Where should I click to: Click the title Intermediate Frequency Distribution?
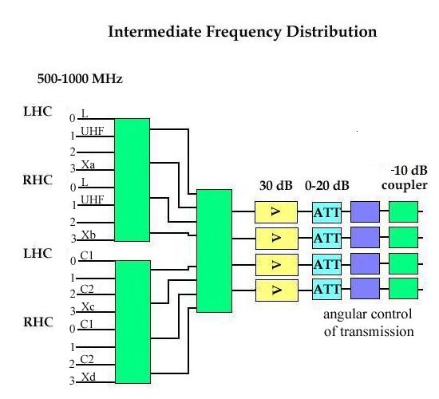[242, 33]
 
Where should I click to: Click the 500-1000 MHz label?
[79, 80]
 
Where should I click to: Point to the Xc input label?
[88, 306]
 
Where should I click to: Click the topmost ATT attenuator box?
[327, 211]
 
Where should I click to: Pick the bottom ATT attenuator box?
[327, 289]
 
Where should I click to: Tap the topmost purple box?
[365, 211]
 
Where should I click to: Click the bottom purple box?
[365, 289]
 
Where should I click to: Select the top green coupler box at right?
[404, 211]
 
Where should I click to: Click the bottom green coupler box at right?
[404, 289]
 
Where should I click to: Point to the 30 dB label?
[275, 185]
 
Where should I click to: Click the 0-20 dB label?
[327, 185]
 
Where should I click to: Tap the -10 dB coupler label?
[404, 178]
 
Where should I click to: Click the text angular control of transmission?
[369, 322]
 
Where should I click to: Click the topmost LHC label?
[37, 111]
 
